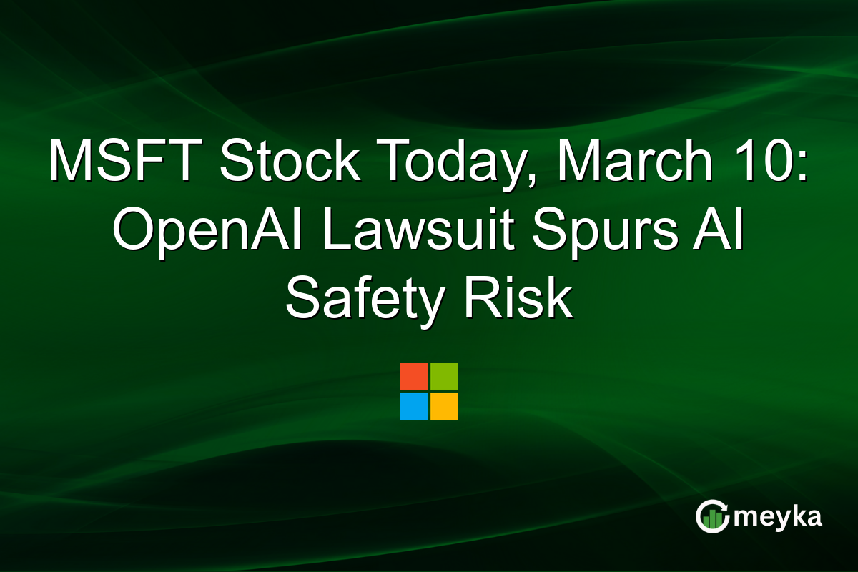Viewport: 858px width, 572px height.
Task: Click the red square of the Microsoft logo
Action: (x=414, y=376)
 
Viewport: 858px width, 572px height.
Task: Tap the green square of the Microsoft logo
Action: (x=444, y=376)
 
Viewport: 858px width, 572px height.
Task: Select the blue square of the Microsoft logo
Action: (x=414, y=406)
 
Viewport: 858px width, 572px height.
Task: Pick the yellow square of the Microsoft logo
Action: (x=444, y=406)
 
